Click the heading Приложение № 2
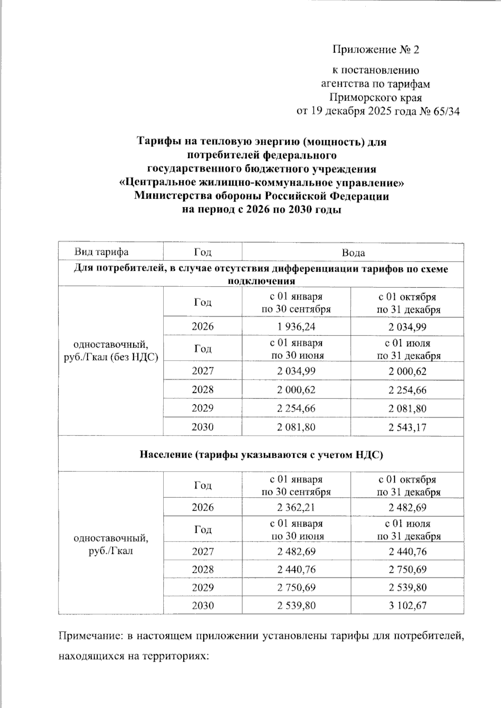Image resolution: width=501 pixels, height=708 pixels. [x=375, y=50]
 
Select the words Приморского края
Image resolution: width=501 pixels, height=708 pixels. [x=375, y=98]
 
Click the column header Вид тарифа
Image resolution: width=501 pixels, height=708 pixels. [x=101, y=252]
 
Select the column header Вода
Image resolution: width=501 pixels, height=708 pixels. [x=353, y=252]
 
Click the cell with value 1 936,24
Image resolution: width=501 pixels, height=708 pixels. [x=296, y=326]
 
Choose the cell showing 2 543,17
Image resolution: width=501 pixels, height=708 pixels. [x=407, y=427]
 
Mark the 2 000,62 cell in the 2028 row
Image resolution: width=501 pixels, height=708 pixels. [x=296, y=390]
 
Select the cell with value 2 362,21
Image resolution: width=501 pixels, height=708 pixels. [x=296, y=507]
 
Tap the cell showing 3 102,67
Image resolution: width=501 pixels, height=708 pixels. [x=407, y=605]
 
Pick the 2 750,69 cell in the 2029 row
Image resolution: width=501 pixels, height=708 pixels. [x=296, y=587]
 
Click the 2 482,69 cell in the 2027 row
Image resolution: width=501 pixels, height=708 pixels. [x=296, y=552]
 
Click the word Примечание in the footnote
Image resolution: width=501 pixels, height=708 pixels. [x=89, y=636]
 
